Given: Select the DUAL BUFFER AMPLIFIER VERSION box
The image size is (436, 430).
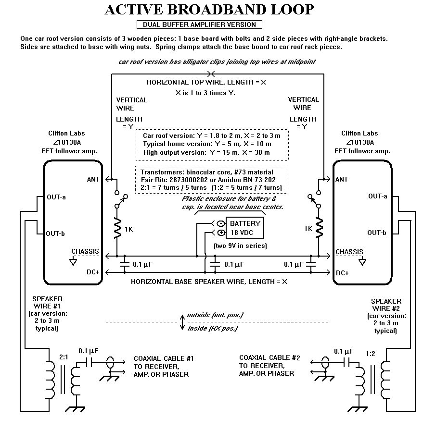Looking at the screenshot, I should tap(200, 25).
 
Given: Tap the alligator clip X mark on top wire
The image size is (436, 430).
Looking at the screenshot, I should tap(211, 74).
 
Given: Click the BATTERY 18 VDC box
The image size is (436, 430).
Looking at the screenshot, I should tap(245, 228).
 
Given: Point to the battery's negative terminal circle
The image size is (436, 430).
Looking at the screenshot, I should tap(220, 223).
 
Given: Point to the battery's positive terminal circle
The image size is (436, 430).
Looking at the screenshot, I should tap(220, 233).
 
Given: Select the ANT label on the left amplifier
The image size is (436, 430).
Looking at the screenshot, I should tap(93, 179).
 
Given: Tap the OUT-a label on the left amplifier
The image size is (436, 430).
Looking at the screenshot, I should tap(56, 197).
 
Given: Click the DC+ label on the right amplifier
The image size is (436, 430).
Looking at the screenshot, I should tap(343, 273).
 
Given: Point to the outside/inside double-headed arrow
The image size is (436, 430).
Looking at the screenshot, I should tap(183, 321).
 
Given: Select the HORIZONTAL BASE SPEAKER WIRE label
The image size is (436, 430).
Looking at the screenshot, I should tap(209, 282).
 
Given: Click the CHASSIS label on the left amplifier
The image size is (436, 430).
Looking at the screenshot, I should tap(85, 251).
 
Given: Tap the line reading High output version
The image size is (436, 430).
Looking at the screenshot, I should tap(206, 153).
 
